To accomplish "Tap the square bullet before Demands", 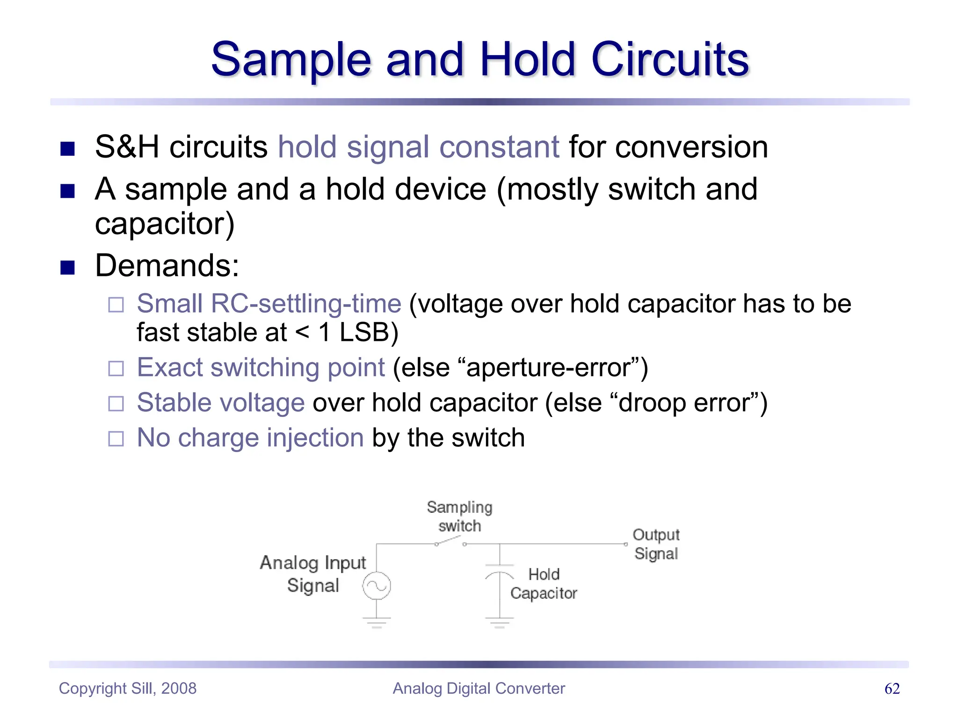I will pos(68,267).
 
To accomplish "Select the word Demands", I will pos(167,266).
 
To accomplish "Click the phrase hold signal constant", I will pos(418,147).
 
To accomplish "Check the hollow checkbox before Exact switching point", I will pos(116,368).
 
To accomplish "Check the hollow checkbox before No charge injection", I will pos(116,438).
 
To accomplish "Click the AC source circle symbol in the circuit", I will pos(377,586).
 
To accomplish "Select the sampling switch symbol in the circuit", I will pos(450,542).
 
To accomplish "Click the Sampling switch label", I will pos(459,517).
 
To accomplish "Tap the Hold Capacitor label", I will pos(544,584).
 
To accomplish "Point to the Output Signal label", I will pos(656,544).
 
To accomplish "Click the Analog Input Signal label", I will pos(313,574).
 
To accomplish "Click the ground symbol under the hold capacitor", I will pos(500,622).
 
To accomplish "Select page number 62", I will pos(892,689).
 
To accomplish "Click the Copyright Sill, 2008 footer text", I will pos(128,689).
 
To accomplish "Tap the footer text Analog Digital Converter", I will pos(479,689).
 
